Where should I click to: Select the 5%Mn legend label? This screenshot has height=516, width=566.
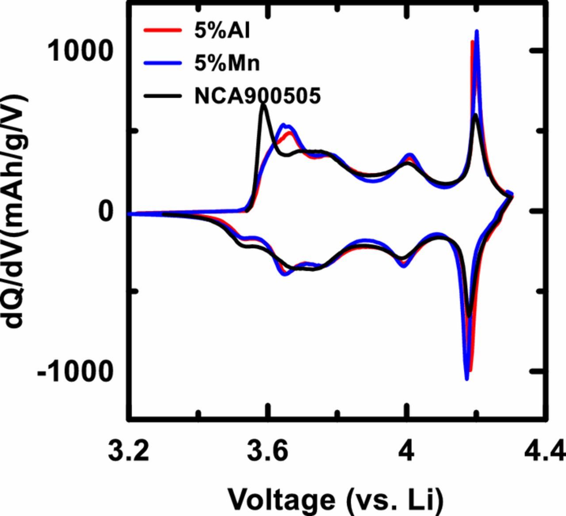(x=227, y=64)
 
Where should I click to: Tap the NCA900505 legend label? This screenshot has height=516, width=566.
(x=257, y=96)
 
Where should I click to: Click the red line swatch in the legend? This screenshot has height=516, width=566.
(x=162, y=31)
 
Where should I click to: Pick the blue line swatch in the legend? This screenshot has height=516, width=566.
(x=162, y=64)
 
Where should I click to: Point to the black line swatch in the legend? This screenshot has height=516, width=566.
(x=162, y=96)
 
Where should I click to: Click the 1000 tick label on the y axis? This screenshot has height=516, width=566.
(x=79, y=52)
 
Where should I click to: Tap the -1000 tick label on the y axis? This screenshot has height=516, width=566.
(x=74, y=371)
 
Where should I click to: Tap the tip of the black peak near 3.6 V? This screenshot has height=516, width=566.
(x=264, y=105)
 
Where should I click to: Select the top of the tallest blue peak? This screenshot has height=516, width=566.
(x=477, y=31)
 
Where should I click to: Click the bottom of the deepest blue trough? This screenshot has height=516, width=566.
(x=467, y=379)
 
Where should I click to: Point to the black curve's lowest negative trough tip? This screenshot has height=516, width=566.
(x=469, y=317)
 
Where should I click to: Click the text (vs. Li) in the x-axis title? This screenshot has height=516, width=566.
(x=394, y=499)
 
